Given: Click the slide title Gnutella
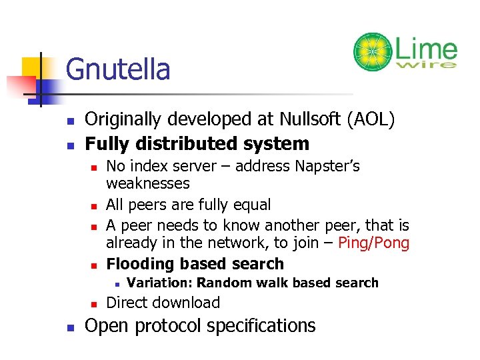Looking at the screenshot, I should [x=119, y=69].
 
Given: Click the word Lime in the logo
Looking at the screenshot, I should [x=426, y=49].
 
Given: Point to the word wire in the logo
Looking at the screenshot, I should [x=426, y=65].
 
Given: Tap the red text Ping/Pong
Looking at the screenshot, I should [x=373, y=243].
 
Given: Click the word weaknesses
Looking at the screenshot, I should [x=148, y=183].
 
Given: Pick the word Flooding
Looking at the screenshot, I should [x=138, y=263].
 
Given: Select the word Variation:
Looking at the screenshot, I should [x=159, y=283].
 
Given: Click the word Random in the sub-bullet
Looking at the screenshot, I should [x=222, y=283].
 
